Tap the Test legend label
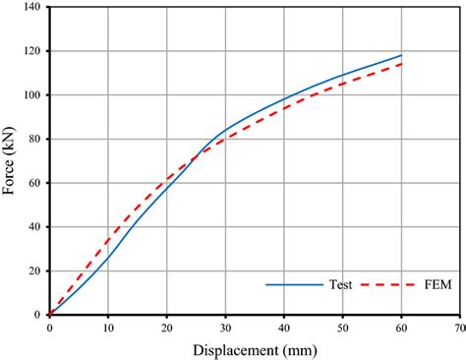pyautogui.click(x=342, y=286)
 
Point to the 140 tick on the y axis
pyautogui.click(x=31, y=7)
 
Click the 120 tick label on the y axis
pyautogui.click(x=31, y=51)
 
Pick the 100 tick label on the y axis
pyautogui.click(x=31, y=95)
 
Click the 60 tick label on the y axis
pyautogui.click(x=34, y=183)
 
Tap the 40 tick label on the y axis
pyautogui.click(x=34, y=227)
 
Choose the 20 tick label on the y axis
pyautogui.click(x=34, y=270)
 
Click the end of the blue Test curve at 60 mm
pyautogui.click(x=401, y=55)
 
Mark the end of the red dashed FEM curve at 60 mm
pyautogui.click(x=401, y=64)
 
